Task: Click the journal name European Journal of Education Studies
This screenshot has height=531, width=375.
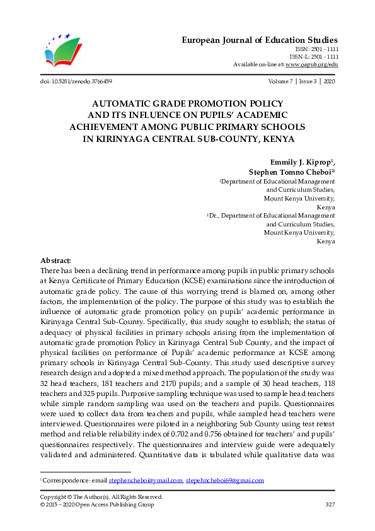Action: pos(260,40)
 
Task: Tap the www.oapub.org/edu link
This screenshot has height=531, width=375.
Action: pos(312,64)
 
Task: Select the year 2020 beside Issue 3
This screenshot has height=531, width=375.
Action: pos(330,81)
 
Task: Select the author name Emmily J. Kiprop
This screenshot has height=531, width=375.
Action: pos(302,161)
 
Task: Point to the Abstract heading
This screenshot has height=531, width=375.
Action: pos(55,260)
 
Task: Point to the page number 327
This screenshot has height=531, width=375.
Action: pos(330,505)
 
